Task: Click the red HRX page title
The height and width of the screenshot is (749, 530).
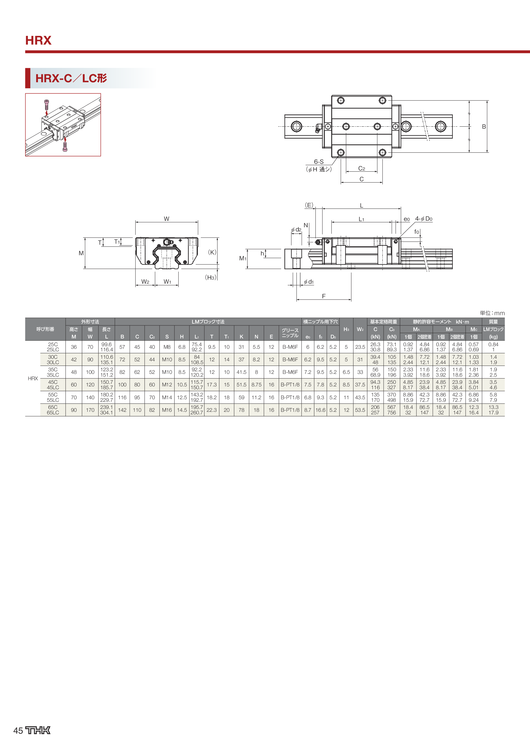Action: (38, 40)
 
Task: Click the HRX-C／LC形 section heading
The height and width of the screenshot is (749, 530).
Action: (71, 78)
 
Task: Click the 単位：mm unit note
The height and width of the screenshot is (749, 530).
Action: (492, 313)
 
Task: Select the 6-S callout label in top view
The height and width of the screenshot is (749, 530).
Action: (319, 162)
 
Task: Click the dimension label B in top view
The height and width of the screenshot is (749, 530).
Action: (484, 127)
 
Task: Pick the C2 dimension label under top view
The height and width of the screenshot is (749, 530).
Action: (362, 169)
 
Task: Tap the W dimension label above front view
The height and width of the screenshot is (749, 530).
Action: (166, 219)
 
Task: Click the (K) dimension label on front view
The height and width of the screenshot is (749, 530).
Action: (212, 252)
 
